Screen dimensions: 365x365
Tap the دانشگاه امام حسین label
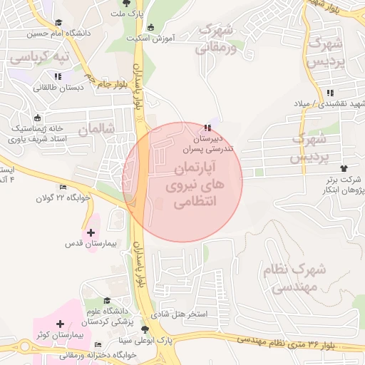[59, 33]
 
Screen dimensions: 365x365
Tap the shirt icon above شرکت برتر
[345, 168]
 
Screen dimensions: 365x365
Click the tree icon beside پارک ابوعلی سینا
[146, 329]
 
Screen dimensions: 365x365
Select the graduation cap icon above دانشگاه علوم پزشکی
[107, 301]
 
